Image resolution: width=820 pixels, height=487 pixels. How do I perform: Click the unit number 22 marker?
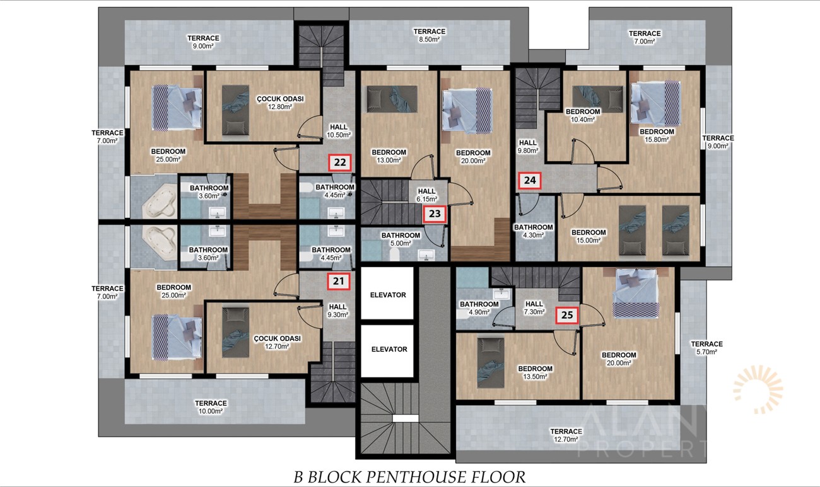pos(340,163)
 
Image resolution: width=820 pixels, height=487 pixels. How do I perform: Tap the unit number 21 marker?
pos(339,281)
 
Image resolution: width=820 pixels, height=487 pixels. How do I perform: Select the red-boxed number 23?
pos(435,214)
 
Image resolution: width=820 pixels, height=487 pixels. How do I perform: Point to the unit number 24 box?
pos(530,181)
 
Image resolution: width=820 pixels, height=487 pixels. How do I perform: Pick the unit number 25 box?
pos(567,315)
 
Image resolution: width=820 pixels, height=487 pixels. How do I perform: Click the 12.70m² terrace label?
pos(566,435)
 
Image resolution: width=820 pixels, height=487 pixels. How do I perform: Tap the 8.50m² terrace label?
pos(430,35)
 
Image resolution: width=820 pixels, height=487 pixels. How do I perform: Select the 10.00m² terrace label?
pos(211,407)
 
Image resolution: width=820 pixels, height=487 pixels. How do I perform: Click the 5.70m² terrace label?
pos(706,348)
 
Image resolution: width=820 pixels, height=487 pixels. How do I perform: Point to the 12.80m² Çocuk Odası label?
pos(280,103)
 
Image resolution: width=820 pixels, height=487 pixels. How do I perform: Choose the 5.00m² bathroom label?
pos(401,239)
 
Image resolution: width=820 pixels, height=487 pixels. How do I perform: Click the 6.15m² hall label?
pos(427,195)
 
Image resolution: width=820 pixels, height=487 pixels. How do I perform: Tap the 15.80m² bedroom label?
pos(657,135)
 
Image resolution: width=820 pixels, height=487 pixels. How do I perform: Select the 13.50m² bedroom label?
pos(535,372)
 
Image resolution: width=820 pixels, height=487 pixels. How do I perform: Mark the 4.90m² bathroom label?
pos(479,308)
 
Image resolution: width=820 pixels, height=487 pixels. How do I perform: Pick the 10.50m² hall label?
pos(339,131)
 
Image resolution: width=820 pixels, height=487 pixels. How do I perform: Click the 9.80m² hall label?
pos(527,146)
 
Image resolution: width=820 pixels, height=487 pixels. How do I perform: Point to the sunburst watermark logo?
pos(758,389)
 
